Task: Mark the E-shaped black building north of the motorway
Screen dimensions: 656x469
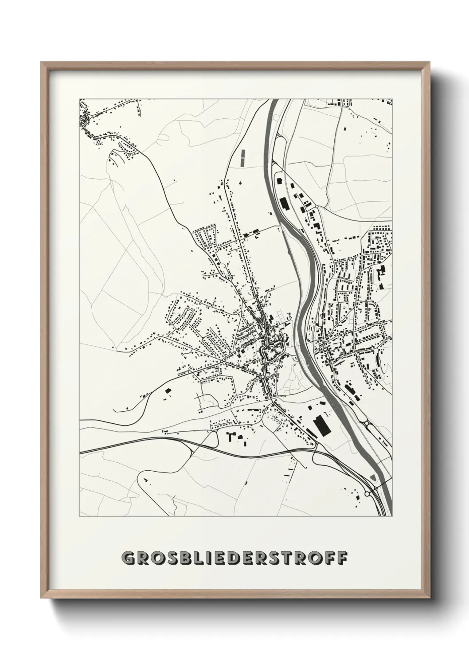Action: tap(231, 436)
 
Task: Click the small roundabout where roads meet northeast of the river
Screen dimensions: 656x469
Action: tap(317, 206)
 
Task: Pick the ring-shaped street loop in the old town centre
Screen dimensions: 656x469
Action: tap(269, 352)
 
